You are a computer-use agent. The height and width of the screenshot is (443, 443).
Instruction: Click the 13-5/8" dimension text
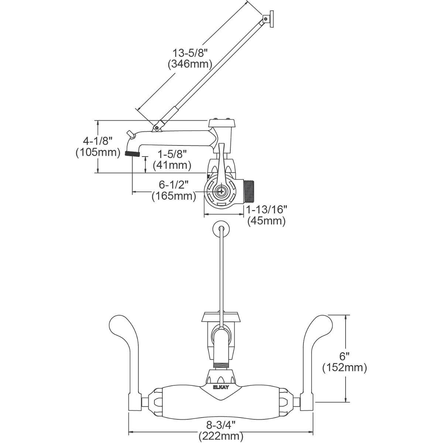pos(190,53)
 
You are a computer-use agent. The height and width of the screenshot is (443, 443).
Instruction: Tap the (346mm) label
pos(190,64)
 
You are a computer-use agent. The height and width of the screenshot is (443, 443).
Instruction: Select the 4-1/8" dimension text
pos(98,141)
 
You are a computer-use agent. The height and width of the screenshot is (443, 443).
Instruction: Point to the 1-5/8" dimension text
pos(172,154)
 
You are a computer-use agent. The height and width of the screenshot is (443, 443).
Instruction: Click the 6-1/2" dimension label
pos(174,185)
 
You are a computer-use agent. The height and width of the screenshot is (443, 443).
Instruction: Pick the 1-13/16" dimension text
pos(267,210)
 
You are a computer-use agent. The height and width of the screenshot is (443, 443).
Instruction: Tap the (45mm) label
pos(267,221)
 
